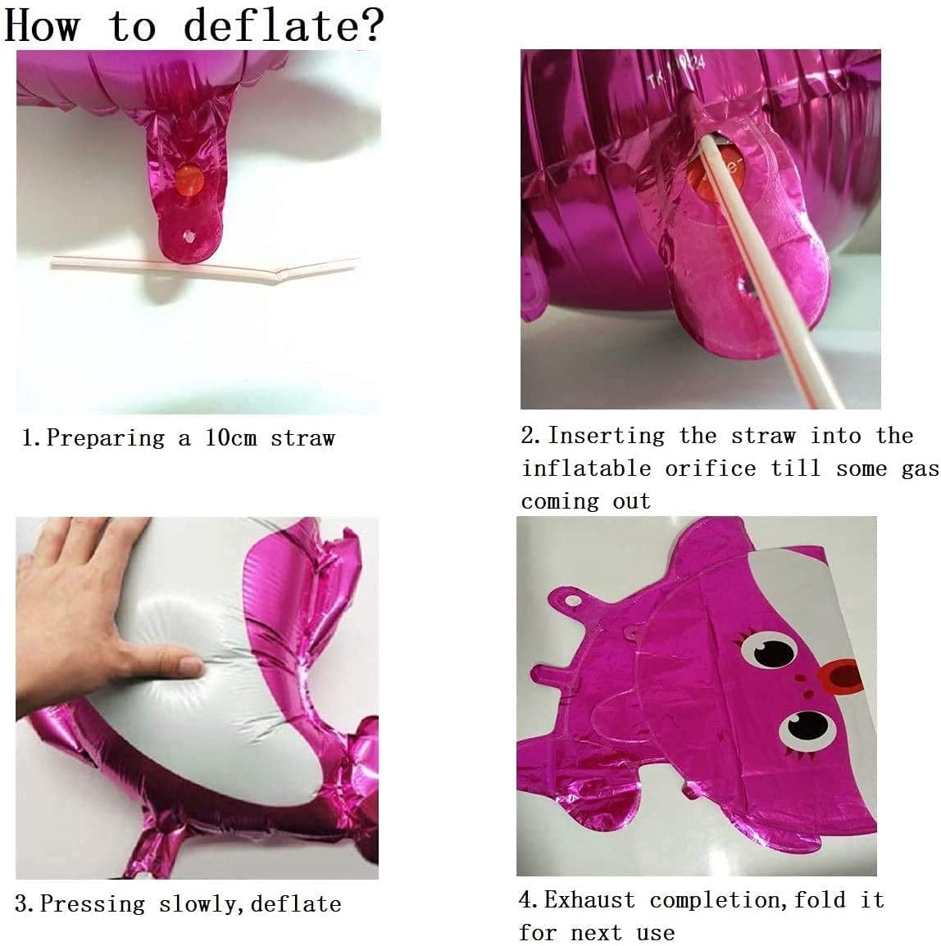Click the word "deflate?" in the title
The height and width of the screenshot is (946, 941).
(284, 25)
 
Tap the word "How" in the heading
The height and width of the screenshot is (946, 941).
(42, 25)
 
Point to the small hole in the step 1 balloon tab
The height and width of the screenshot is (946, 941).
(189, 236)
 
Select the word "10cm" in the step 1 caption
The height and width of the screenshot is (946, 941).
(230, 437)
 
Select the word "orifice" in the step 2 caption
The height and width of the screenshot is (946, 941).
(711, 468)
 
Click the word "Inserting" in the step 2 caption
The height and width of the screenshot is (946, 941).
(607, 436)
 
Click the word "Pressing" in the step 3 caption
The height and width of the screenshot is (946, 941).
(93, 903)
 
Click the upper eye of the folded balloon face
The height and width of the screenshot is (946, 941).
(768, 651)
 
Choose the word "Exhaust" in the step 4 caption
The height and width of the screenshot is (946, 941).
(589, 900)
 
